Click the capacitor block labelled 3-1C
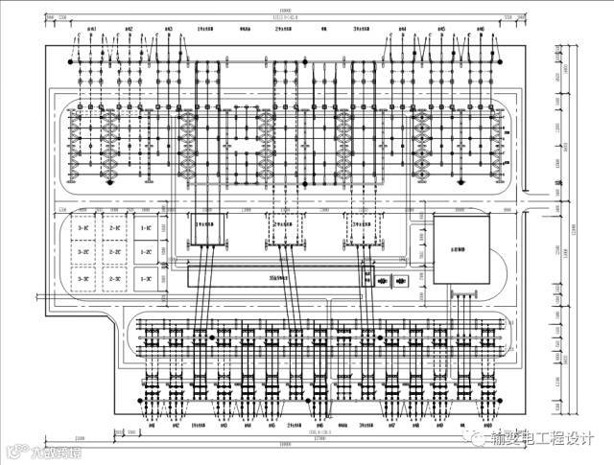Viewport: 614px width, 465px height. point(84,229)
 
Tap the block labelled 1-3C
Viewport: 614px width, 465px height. point(146,278)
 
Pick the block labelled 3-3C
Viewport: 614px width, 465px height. point(84,278)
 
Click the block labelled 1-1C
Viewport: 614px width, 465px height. point(146,229)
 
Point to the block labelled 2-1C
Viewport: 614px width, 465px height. point(115,229)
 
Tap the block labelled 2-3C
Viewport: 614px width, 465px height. point(115,278)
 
